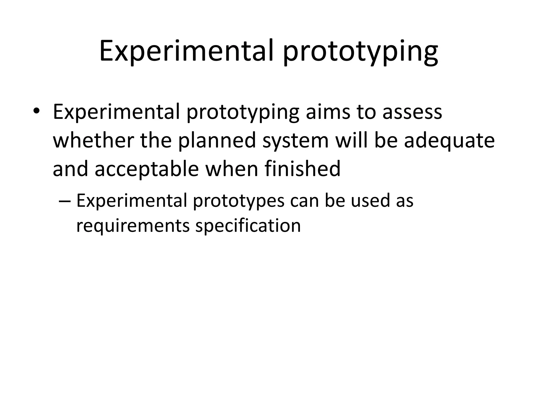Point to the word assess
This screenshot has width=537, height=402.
click(x=412, y=112)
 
